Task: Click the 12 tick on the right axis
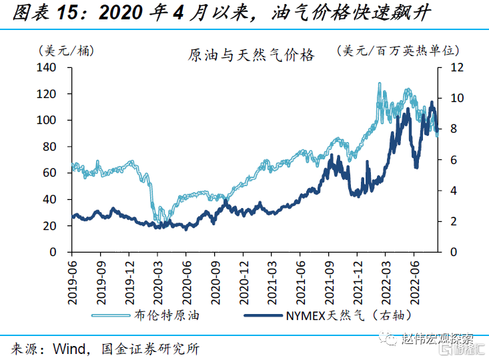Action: pyautogui.click(x=456, y=67)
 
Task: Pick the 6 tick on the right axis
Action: pyautogui.click(x=454, y=160)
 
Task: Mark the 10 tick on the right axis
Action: pyautogui.click(x=456, y=98)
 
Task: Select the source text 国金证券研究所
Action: pyautogui.click(x=149, y=347)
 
